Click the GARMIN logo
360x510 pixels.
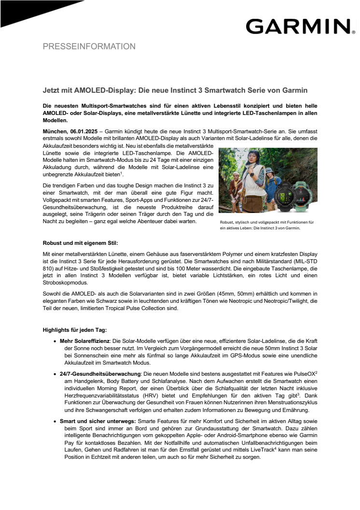(x=298, y=26)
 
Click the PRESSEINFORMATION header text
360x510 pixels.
(x=89, y=47)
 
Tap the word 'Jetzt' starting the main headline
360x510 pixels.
(x=51, y=90)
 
